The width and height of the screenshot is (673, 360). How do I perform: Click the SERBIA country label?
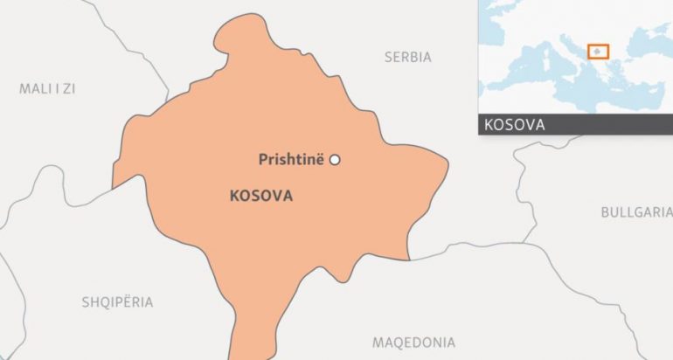point(407,57)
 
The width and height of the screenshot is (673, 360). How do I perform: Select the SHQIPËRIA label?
point(117,302)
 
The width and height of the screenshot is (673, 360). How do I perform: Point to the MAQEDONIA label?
point(413,342)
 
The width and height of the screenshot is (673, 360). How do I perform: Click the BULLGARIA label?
point(636,212)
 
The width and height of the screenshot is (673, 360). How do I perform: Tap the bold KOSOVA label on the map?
point(260,196)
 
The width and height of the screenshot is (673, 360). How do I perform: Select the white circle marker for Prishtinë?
point(334,159)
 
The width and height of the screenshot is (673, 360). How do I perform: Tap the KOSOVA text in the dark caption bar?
point(514,124)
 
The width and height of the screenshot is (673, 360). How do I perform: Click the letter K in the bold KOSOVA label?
point(233,196)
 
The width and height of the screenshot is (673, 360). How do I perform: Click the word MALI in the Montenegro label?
point(33,88)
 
